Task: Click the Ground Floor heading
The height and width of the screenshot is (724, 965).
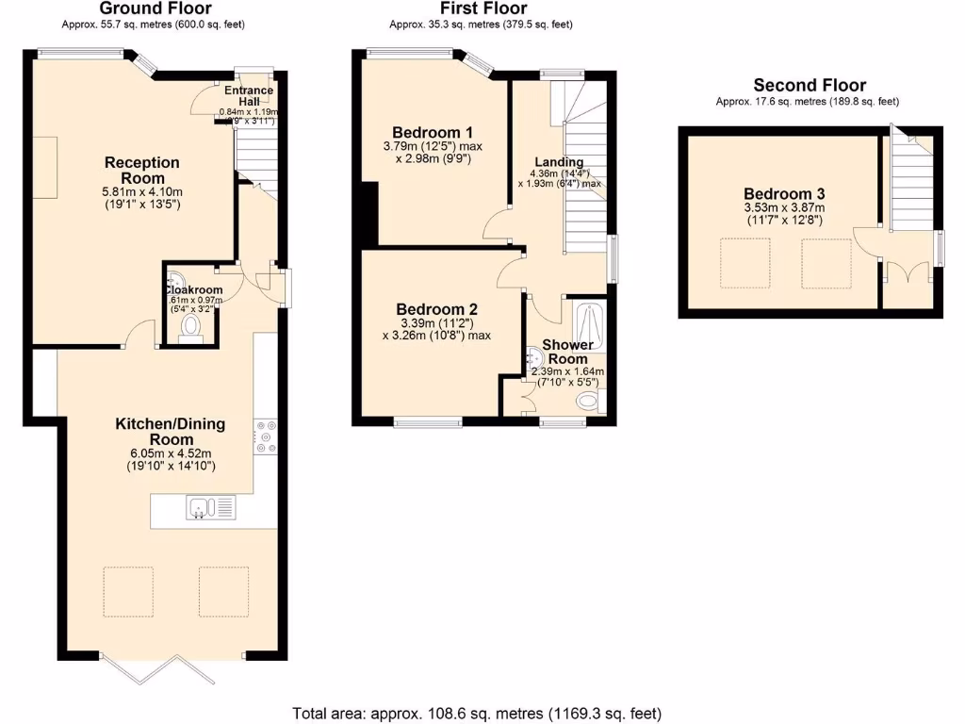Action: [155, 8]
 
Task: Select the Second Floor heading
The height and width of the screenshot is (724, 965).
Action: [810, 85]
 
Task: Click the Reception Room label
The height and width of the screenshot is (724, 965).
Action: [141, 171]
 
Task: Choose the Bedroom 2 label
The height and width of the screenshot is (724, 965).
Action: [436, 309]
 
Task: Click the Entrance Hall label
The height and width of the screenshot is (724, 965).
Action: [249, 96]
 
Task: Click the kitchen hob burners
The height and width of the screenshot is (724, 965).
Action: [265, 436]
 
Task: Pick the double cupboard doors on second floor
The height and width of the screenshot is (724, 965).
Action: [908, 275]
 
